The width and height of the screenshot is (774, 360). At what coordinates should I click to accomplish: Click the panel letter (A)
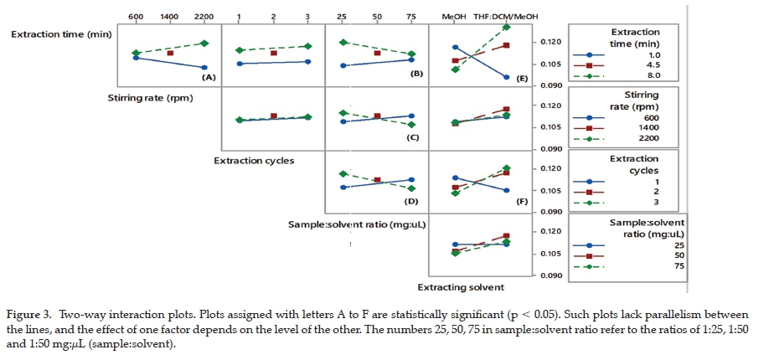[x=209, y=77]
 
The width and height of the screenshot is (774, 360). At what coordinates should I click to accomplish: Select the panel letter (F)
[x=522, y=202]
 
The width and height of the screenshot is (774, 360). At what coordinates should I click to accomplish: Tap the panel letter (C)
[x=412, y=137]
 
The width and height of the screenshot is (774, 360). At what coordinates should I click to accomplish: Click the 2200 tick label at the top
[x=204, y=16]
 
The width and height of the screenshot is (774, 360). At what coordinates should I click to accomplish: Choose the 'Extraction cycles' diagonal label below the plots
[x=254, y=160]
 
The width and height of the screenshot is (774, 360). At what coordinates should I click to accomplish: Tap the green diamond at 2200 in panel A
[x=204, y=43]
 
